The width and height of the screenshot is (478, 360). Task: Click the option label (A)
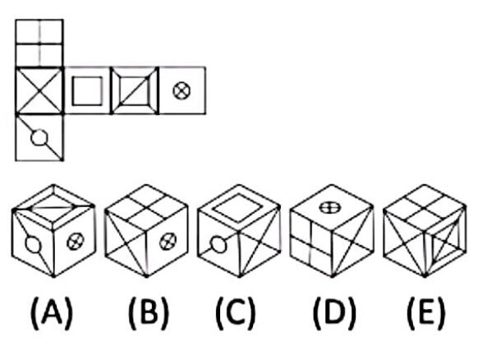(x=52, y=313)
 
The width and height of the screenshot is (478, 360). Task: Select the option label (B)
(x=149, y=313)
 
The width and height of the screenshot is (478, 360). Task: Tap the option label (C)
(x=236, y=313)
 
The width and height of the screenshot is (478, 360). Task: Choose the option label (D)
(x=334, y=313)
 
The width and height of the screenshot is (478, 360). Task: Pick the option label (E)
(x=426, y=313)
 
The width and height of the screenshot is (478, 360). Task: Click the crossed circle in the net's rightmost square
(x=182, y=90)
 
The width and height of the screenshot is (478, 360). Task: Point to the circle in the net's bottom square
(x=39, y=137)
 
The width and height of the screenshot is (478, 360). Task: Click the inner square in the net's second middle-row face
(x=87, y=91)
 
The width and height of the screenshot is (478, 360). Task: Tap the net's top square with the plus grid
(x=39, y=43)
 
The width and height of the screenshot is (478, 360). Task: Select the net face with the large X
(x=39, y=90)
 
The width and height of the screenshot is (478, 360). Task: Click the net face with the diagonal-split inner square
(x=135, y=90)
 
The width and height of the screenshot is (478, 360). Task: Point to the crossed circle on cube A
(x=75, y=242)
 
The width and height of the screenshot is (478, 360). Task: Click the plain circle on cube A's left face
(x=33, y=245)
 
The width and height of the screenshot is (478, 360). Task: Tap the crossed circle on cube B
(x=168, y=242)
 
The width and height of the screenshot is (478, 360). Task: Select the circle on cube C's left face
(x=218, y=244)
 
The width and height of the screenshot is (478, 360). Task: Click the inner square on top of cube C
(x=238, y=207)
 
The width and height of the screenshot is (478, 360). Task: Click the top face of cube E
(x=425, y=207)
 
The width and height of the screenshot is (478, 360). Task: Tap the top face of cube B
(x=146, y=207)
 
